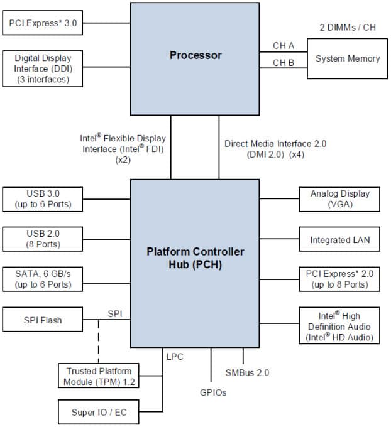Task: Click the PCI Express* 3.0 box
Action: (42, 25)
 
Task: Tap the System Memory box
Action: (347, 58)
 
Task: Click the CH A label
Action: (283, 45)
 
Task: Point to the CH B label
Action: (283, 62)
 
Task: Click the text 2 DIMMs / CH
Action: (348, 28)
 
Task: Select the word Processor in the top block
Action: (196, 55)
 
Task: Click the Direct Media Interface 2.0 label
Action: (275, 144)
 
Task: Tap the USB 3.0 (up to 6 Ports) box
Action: (42, 199)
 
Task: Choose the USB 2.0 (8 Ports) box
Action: (42, 238)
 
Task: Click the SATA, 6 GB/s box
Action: (42, 278)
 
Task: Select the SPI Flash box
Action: (42, 320)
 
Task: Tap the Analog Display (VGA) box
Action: (339, 199)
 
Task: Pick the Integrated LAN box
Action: (339, 240)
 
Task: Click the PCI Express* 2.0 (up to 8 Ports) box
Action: (339, 279)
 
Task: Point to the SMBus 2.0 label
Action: (247, 372)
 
